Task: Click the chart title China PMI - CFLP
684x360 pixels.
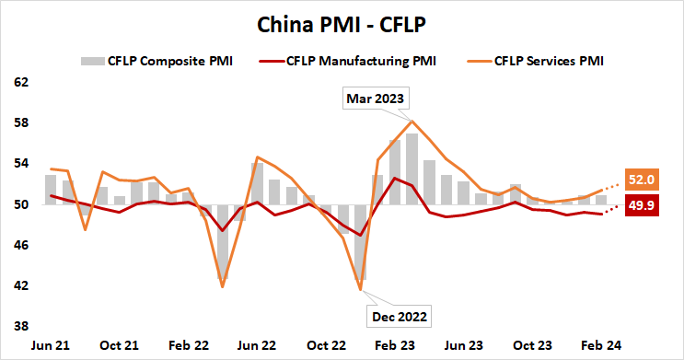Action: (342, 20)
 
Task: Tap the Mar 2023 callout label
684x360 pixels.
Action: (375, 98)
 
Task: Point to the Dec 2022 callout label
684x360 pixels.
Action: (398, 316)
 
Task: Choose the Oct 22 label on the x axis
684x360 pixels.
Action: (326, 344)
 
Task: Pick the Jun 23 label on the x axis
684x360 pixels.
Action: (464, 344)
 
